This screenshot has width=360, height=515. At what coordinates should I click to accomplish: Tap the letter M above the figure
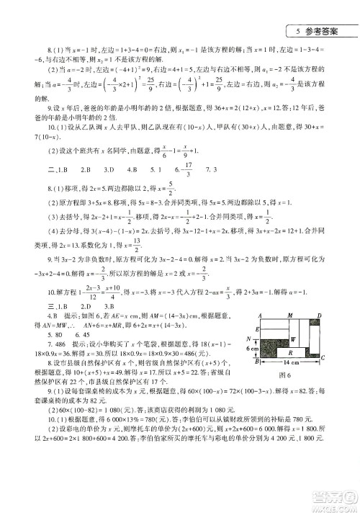tap(289, 315)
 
